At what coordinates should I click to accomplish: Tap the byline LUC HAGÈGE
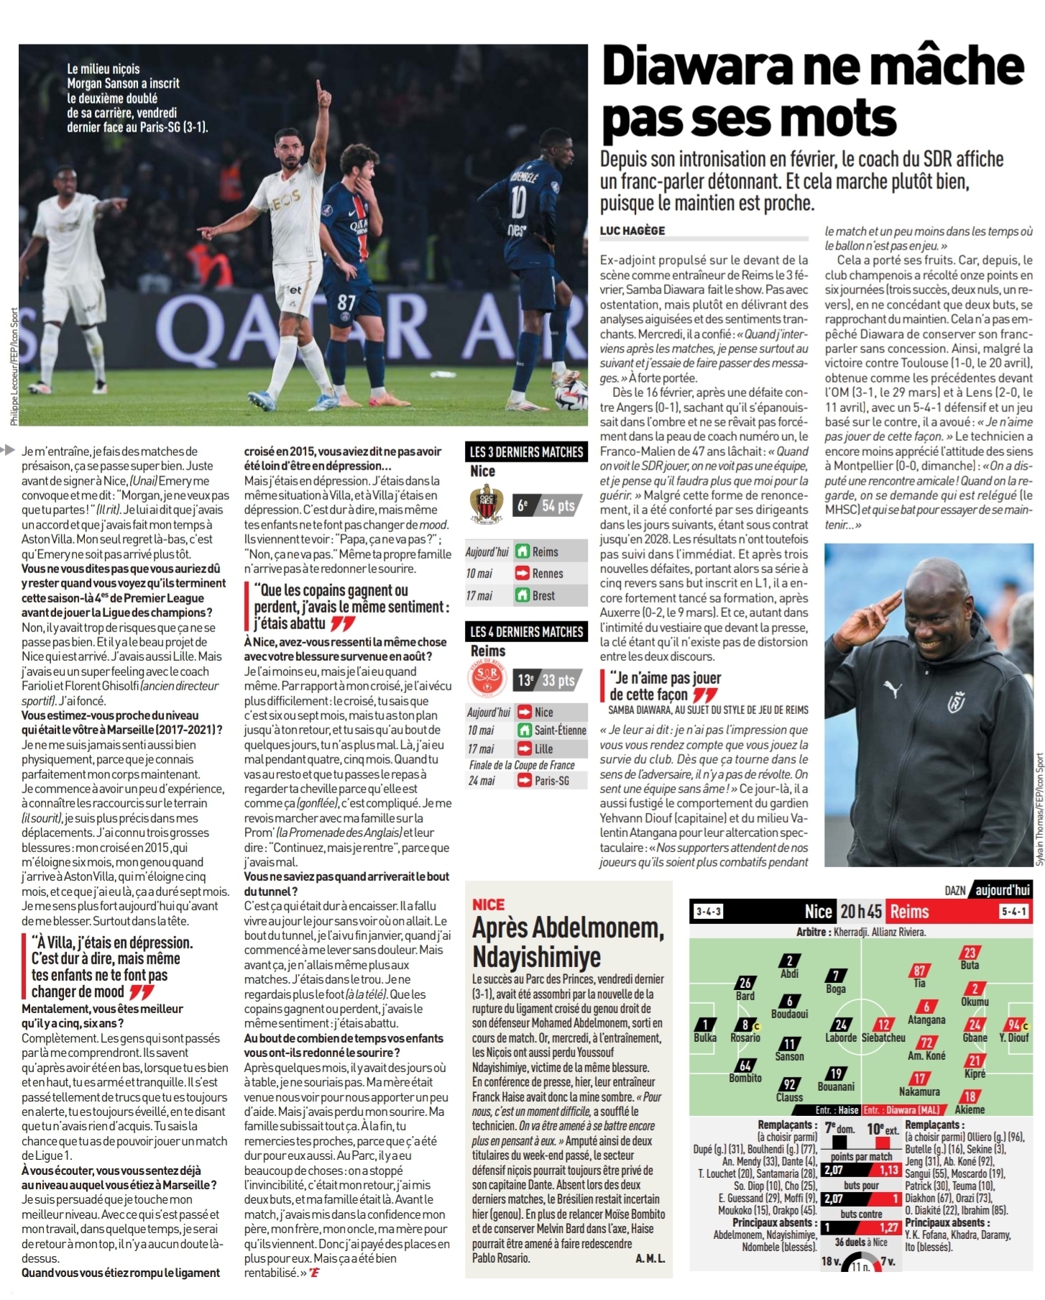point(632,231)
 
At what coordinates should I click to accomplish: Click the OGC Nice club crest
point(486,504)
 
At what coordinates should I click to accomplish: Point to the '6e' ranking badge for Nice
point(523,505)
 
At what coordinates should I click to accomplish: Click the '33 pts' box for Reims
point(558,680)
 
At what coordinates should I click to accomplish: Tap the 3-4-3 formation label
point(708,912)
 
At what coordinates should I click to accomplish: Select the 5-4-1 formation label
point(1013,912)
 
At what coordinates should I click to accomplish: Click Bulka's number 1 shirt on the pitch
point(705,1025)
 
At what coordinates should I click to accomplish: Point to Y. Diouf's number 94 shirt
point(1014,1025)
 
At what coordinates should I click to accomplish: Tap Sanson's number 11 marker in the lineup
point(789,1043)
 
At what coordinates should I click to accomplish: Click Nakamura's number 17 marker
point(919,1079)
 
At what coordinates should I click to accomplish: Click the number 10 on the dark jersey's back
point(517,202)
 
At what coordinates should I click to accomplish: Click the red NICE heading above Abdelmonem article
point(489,905)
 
